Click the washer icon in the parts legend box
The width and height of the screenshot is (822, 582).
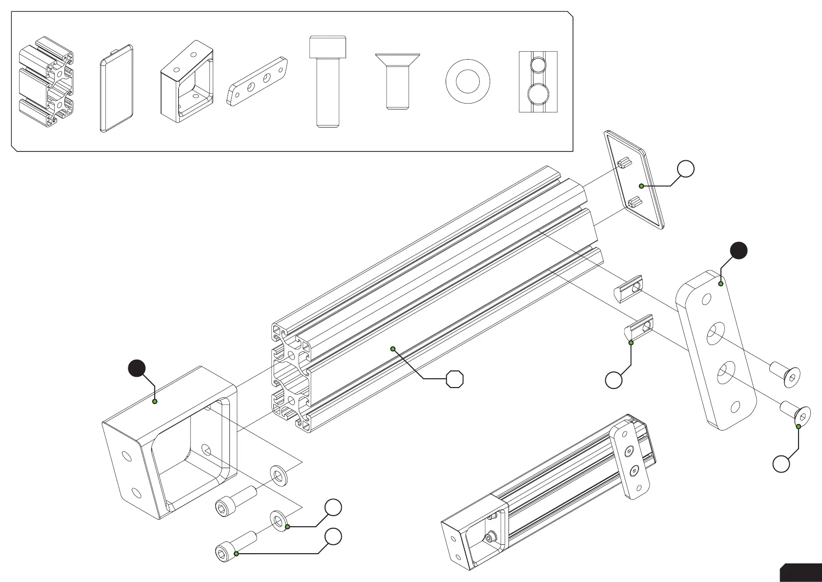[x=468, y=82]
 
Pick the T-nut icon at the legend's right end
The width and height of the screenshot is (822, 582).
[x=538, y=82]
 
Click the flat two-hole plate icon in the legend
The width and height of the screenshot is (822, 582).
[x=257, y=81]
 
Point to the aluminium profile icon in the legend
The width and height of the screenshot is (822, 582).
[x=46, y=82]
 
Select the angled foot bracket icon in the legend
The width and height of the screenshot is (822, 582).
[x=187, y=82]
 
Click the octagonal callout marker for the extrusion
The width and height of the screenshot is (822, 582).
[x=455, y=379]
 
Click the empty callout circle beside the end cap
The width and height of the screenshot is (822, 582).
[x=686, y=169]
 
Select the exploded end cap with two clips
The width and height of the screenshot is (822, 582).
[x=634, y=179]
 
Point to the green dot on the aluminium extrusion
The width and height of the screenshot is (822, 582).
[x=392, y=348]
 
